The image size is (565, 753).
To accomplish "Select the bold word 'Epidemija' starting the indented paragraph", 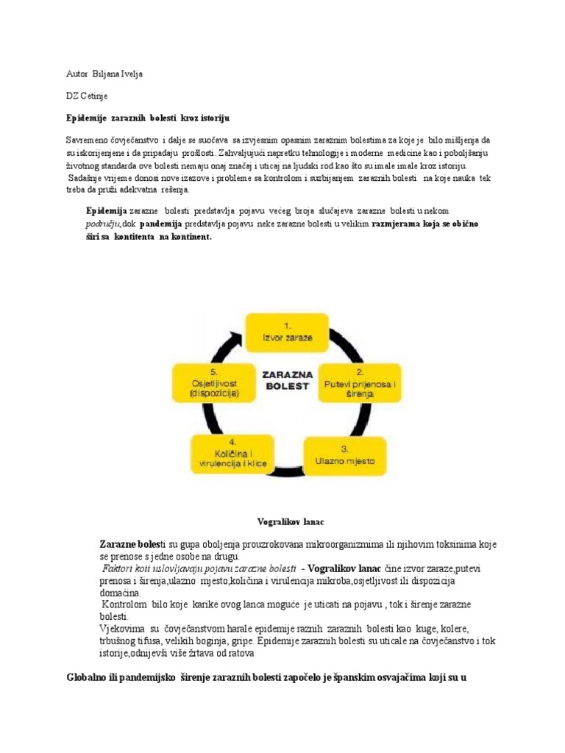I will point(107,210).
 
